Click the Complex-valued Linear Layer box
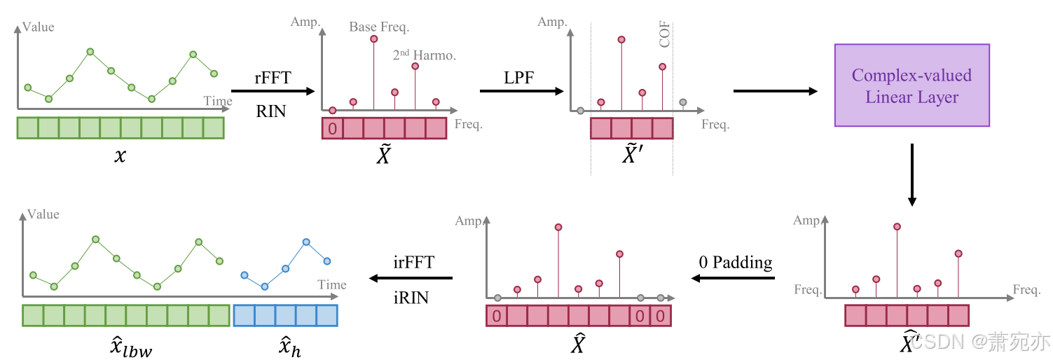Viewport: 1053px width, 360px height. tap(911, 85)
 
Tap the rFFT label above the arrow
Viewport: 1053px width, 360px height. tap(272, 76)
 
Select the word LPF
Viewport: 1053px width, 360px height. tap(518, 77)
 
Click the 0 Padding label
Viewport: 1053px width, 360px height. tap(736, 263)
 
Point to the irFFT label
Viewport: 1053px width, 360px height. tap(413, 263)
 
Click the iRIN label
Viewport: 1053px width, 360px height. tap(412, 298)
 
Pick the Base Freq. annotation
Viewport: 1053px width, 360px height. tap(379, 27)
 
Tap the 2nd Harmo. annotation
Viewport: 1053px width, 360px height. tap(424, 54)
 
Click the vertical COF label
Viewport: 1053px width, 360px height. tap(665, 34)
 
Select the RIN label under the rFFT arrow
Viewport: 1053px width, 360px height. tap(271, 111)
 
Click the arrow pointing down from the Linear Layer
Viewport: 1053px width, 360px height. tap(911, 174)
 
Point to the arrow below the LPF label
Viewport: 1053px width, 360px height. tap(521, 91)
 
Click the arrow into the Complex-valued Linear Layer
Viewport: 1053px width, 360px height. tap(775, 91)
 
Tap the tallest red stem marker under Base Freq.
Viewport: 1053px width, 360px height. tap(374, 39)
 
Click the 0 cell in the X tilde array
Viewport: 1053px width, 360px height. tap(332, 128)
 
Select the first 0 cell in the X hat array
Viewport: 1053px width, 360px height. tap(496, 316)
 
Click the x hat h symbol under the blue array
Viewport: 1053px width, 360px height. tap(286, 347)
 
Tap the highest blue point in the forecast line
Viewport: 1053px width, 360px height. tap(306, 242)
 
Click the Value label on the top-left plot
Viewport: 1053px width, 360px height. tap(39, 27)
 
